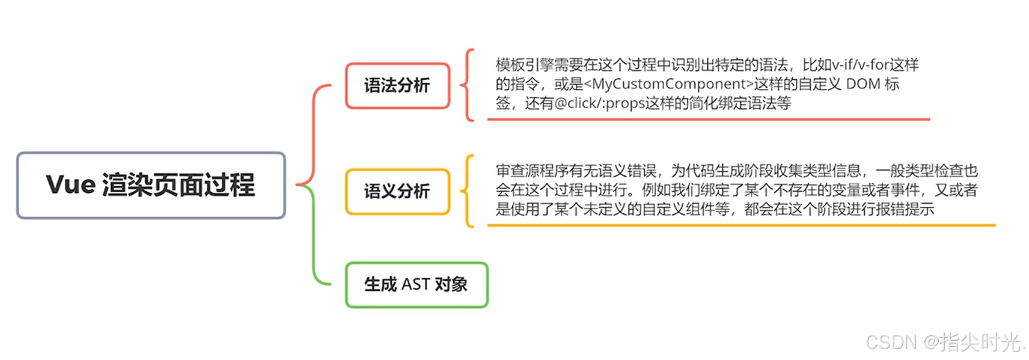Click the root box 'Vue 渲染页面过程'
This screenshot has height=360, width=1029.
[150, 185]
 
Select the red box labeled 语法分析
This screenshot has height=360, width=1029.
[397, 85]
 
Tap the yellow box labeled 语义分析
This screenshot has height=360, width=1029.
[397, 192]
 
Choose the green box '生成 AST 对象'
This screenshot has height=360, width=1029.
[416, 284]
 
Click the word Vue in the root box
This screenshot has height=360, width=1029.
[70, 185]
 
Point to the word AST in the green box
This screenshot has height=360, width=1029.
[415, 284]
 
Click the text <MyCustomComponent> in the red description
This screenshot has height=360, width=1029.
[668, 84]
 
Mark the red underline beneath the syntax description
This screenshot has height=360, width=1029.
[708, 120]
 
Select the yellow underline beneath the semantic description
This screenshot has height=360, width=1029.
[740, 225]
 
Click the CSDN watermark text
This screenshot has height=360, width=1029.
[944, 342]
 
